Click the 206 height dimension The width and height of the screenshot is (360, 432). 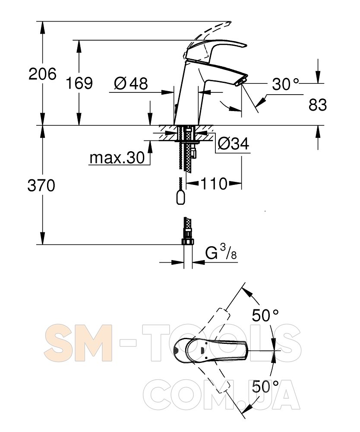point(42,74)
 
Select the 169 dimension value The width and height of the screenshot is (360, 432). point(79,83)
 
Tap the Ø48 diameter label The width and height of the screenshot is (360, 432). point(131,83)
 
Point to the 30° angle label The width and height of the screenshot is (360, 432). point(285,84)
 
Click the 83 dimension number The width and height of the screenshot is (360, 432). point(318,105)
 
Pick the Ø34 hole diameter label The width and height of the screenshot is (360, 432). point(234,143)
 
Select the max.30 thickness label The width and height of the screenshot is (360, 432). point(117,158)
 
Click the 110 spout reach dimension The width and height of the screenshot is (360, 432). point(214,184)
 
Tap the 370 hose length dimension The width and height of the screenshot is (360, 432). point(41,185)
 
